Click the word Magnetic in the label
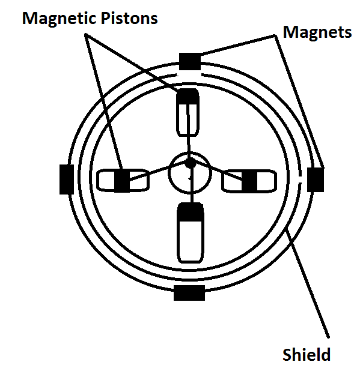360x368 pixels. click(x=59, y=19)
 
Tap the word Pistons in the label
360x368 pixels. click(x=129, y=18)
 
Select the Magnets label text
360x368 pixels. click(x=317, y=32)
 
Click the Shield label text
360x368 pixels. click(x=307, y=354)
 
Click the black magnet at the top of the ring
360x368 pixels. click(x=190, y=61)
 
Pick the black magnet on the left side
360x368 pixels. click(x=67, y=179)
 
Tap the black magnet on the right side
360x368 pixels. click(x=316, y=179)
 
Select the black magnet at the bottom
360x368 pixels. click(x=189, y=293)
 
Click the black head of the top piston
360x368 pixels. click(x=188, y=96)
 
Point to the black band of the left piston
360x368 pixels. click(x=122, y=180)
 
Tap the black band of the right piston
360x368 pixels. click(x=249, y=180)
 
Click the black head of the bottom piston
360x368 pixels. click(x=191, y=212)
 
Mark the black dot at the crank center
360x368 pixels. click(x=191, y=163)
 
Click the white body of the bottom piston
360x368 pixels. click(x=191, y=241)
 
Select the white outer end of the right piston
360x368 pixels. click(x=267, y=181)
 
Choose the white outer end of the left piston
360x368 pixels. click(x=106, y=180)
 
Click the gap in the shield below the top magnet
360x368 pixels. click(x=189, y=75)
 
